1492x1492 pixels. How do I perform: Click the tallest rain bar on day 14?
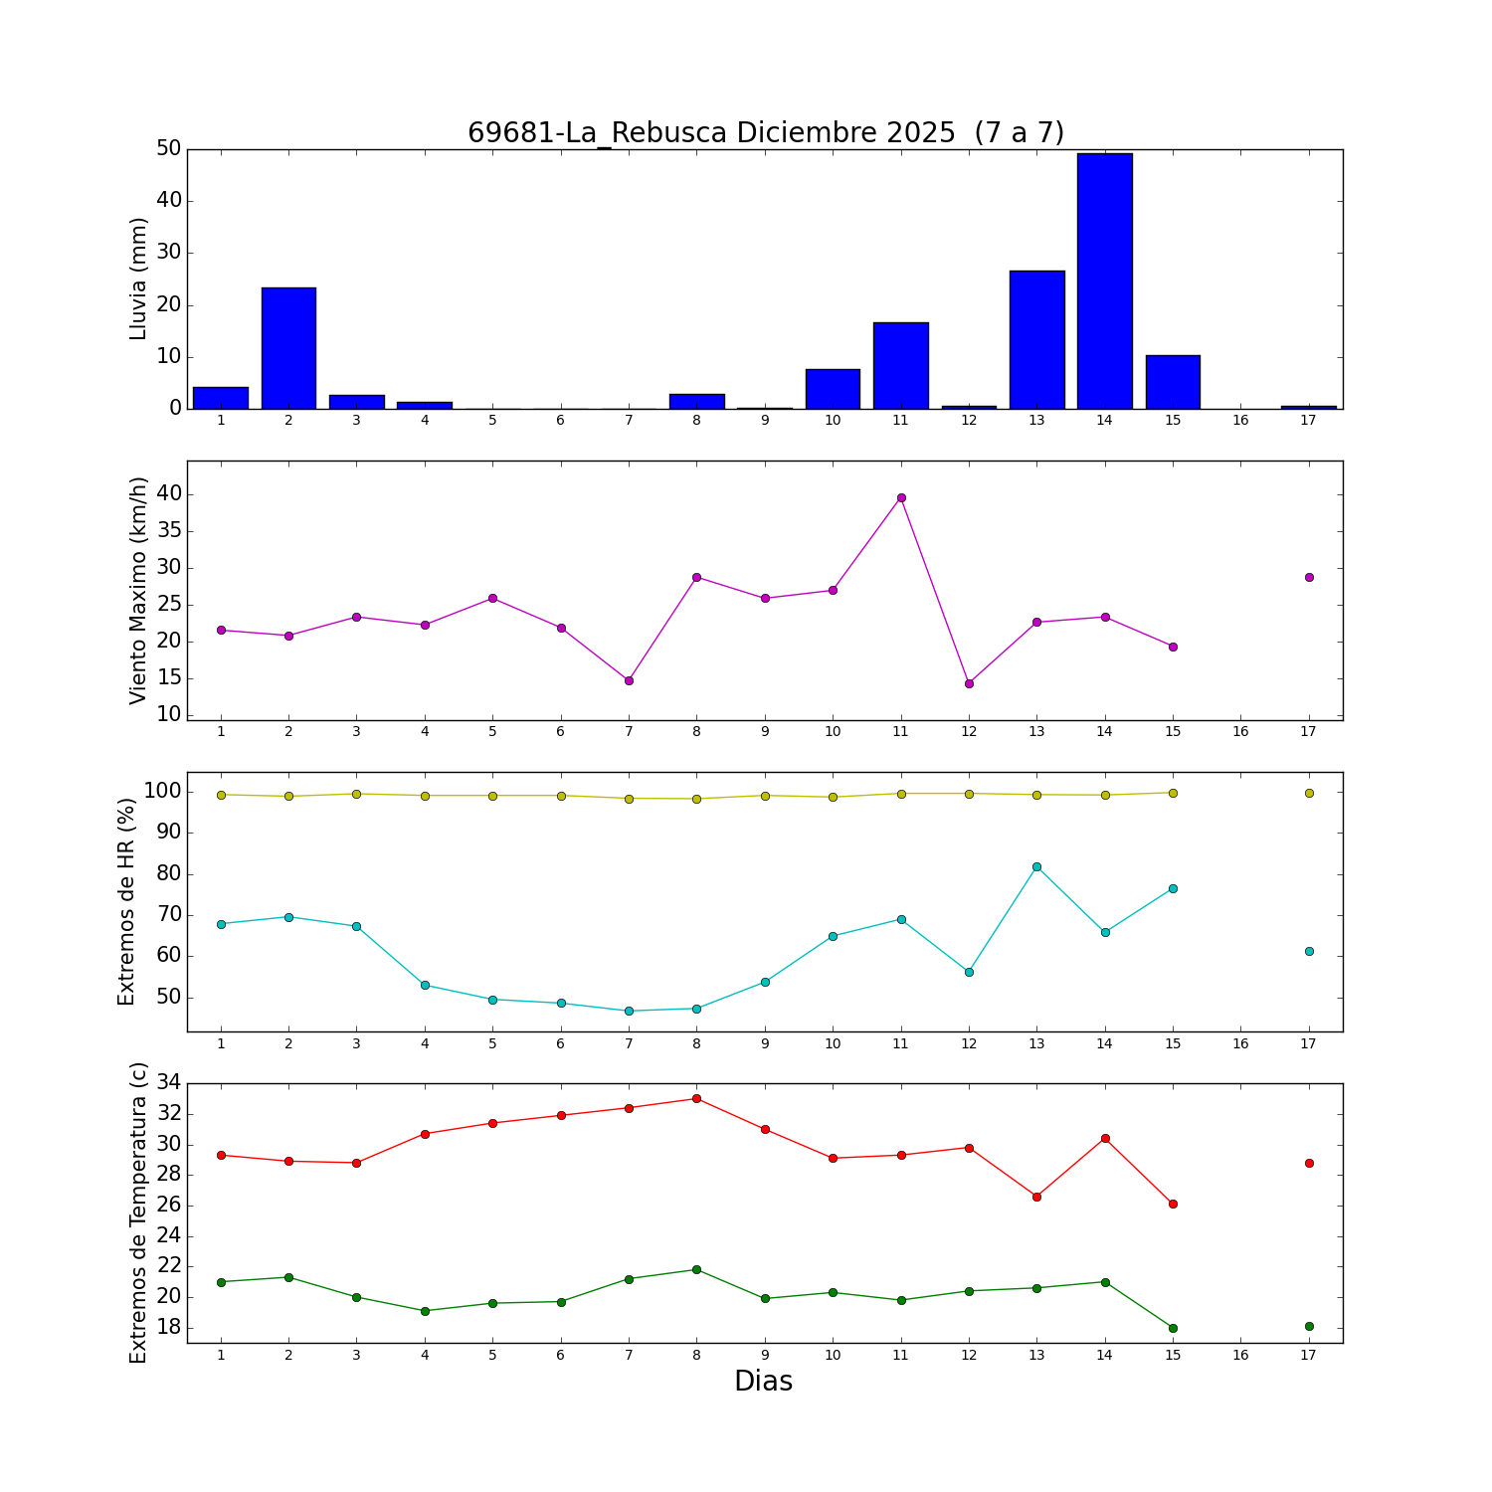point(1104,280)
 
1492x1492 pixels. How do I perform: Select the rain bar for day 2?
point(288,348)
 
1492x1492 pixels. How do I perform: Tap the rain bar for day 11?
point(901,365)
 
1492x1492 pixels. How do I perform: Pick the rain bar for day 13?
point(1036,339)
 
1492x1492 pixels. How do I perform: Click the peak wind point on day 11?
point(901,497)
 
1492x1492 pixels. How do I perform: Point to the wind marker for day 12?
point(969,683)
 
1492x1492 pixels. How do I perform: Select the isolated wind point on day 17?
point(1309,577)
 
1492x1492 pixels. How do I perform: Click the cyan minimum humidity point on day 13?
point(1036,866)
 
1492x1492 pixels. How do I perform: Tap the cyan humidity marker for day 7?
point(629,1011)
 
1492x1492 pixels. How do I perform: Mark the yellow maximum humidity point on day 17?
point(1309,793)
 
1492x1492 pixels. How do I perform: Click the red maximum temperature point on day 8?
point(696,1098)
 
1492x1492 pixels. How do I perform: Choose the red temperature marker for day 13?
point(1036,1197)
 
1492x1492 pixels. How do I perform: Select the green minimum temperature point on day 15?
point(1173,1328)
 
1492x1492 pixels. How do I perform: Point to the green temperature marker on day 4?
point(425,1311)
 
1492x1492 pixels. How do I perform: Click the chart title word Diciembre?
point(845,133)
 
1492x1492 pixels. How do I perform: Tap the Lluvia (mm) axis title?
point(139,279)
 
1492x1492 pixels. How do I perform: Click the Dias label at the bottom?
point(763,1381)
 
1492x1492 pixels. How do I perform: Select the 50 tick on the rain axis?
point(169,149)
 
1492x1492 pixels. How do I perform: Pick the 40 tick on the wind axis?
point(169,494)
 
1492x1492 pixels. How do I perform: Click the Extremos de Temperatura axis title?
point(139,1213)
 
